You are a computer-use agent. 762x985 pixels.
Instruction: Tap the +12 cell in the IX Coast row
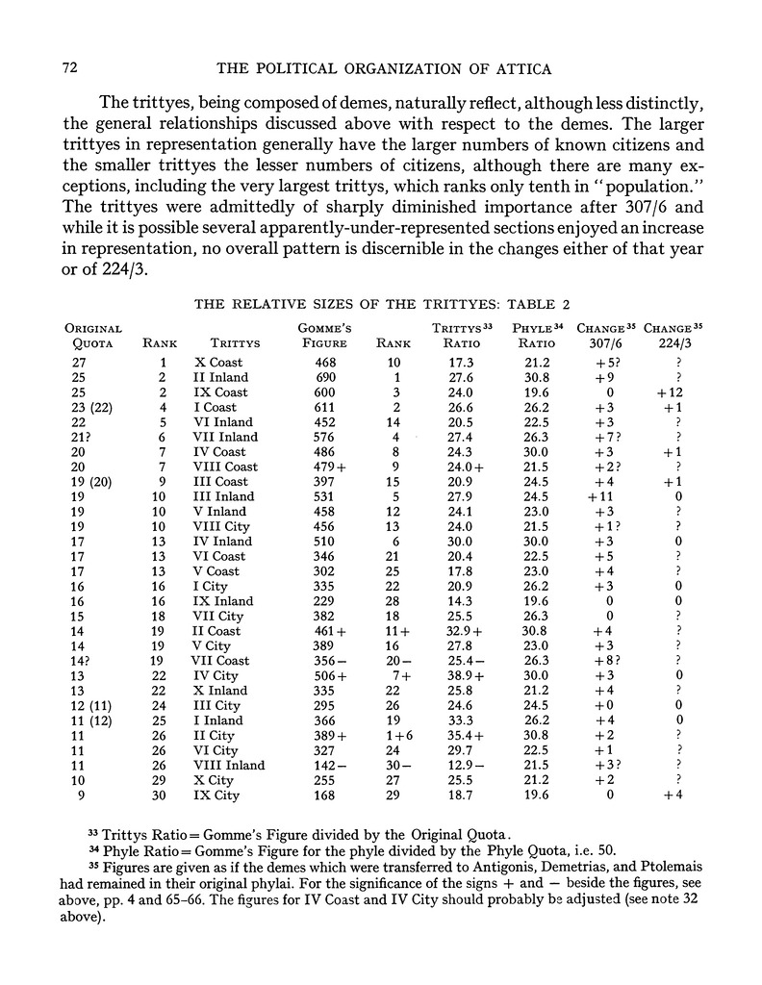click(677, 392)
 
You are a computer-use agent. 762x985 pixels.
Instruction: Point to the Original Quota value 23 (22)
click(94, 408)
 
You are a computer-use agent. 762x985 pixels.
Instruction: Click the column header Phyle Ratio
click(538, 335)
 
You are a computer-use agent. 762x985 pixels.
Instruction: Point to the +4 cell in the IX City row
click(677, 795)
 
